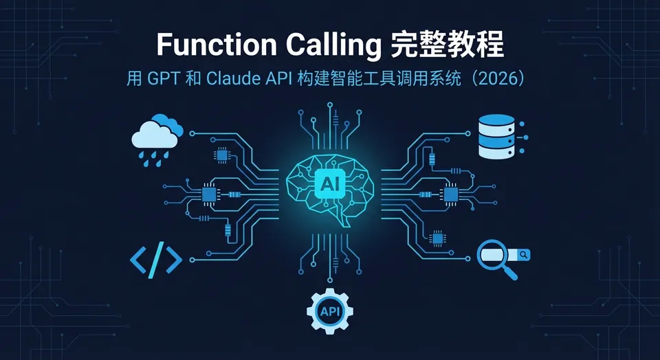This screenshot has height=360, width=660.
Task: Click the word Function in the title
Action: pos(217,44)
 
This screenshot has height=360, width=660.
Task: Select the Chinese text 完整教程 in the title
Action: pos(447,44)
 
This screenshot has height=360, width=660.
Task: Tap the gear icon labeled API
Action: pos(330,311)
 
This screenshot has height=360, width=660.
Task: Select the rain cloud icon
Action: pos(157,139)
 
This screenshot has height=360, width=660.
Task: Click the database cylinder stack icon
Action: pos(497,137)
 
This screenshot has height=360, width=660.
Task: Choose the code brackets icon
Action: pos(156,260)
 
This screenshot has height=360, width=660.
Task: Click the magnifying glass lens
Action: pos(492,255)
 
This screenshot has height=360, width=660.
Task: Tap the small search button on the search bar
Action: pos(524,254)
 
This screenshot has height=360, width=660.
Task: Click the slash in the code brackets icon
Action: pos(156,260)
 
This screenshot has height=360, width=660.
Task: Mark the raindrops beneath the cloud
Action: pos(155,159)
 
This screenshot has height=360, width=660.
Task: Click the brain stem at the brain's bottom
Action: pos(346,221)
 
